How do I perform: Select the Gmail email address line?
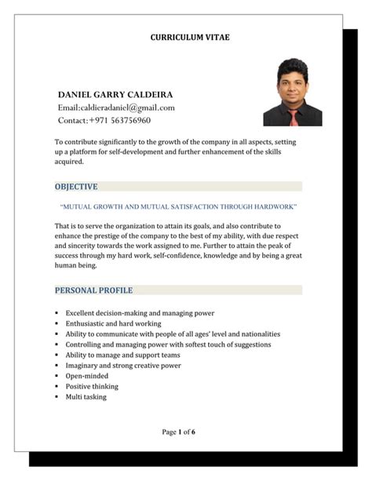(x=115, y=107)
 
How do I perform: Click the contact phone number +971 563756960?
(x=104, y=121)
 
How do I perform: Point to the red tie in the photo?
(x=293, y=117)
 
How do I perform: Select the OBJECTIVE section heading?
(x=76, y=187)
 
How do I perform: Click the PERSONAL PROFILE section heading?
(x=93, y=290)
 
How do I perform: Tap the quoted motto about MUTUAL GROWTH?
(x=178, y=206)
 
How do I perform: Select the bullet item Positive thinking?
(x=92, y=386)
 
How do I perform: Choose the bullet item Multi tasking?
(x=86, y=397)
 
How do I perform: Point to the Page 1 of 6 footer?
(x=179, y=432)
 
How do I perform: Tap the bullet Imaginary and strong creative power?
(x=123, y=365)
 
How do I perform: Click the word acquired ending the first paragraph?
(x=68, y=162)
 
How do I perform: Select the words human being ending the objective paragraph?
(x=75, y=265)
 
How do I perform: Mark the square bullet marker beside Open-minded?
(x=57, y=376)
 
